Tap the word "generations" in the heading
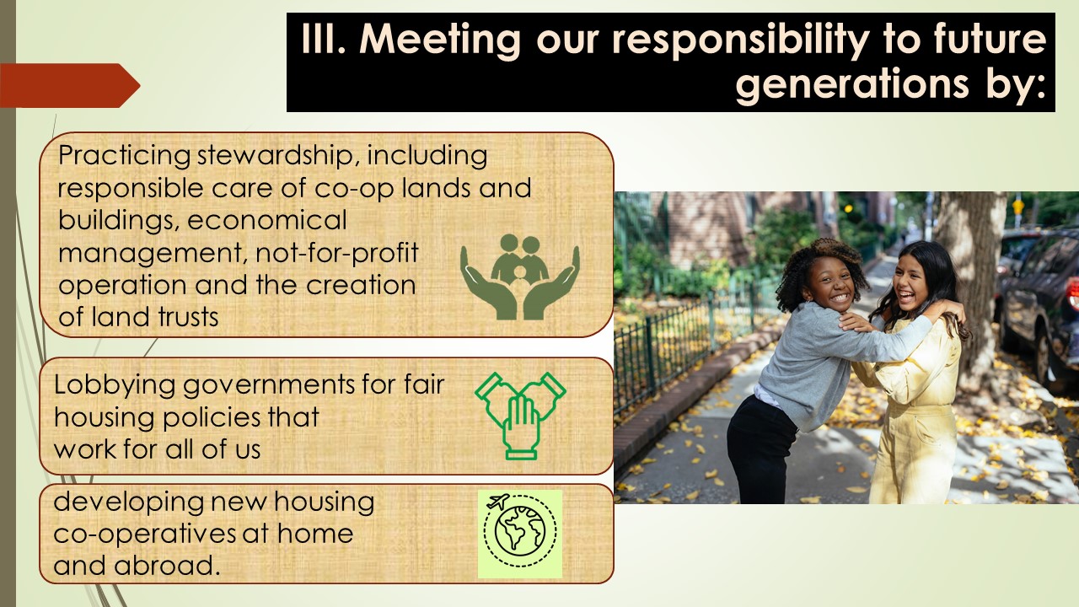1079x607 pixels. (x=851, y=85)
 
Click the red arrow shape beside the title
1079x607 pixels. (x=70, y=85)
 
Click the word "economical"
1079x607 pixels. (x=267, y=220)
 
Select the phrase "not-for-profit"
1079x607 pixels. (x=336, y=252)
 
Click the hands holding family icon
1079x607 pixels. (x=520, y=277)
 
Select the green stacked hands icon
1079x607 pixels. (x=520, y=416)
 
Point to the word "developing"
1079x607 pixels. (x=128, y=502)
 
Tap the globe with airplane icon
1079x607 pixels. (x=520, y=534)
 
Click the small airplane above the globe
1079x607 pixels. (x=498, y=502)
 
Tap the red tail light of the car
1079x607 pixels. (x=1074, y=294)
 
